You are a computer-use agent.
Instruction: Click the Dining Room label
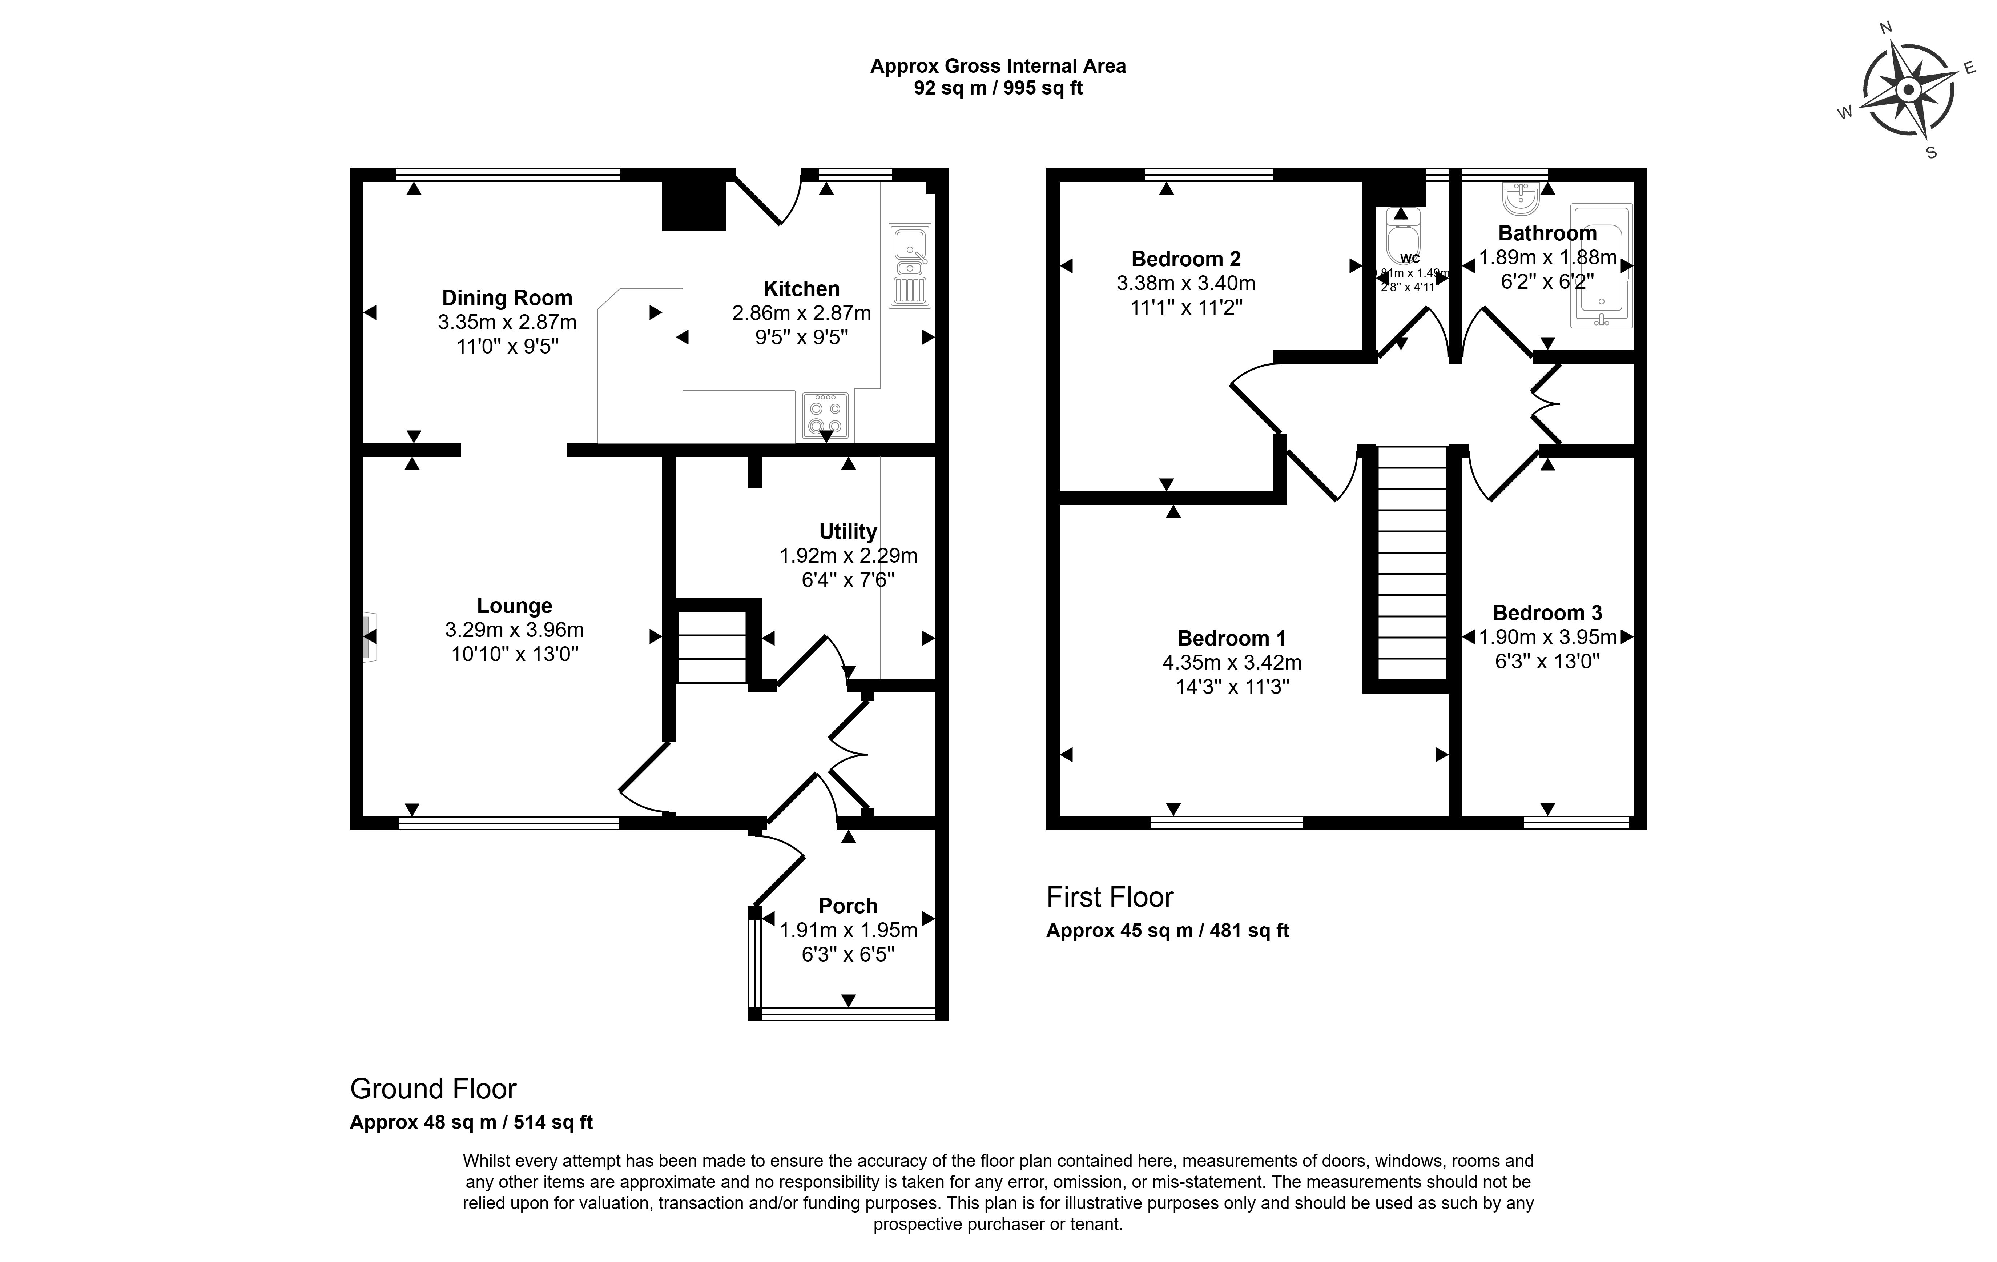pyautogui.click(x=507, y=298)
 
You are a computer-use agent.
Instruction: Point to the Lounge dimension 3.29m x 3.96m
pyautogui.click(x=514, y=630)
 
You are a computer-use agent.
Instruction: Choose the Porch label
pyautogui.click(x=847, y=906)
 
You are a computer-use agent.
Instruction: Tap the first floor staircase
pyautogui.click(x=1412, y=564)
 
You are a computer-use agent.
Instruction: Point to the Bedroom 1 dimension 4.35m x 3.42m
pyautogui.click(x=1232, y=663)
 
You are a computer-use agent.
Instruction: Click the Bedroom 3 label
pyautogui.click(x=1547, y=613)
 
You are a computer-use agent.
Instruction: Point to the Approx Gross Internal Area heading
pyautogui.click(x=998, y=67)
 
